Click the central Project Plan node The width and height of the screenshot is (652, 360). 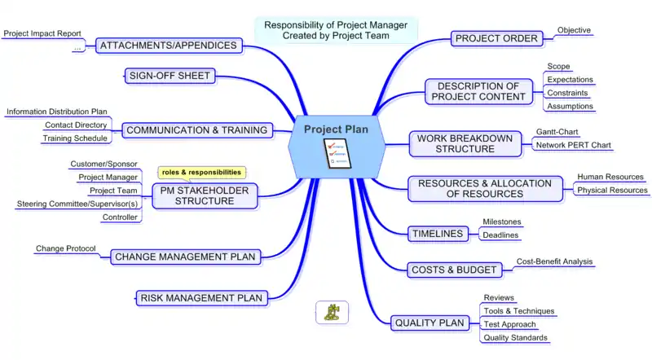click(336, 130)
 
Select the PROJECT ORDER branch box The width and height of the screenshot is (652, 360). click(496, 38)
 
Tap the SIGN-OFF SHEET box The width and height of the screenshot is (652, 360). click(170, 77)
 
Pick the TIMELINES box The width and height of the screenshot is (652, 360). click(437, 235)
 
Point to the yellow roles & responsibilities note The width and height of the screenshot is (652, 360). click(201, 173)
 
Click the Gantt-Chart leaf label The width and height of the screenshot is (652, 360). click(557, 131)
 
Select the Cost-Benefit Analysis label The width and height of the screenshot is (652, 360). click(554, 261)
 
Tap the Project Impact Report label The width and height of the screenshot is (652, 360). click(42, 33)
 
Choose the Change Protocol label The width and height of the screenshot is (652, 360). click(65, 248)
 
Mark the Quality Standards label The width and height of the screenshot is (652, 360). click(515, 338)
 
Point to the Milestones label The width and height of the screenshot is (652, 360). click(502, 222)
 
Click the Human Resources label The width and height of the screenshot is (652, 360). click(610, 177)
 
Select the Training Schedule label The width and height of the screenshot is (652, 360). click(74, 138)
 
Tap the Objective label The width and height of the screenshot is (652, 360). click(574, 30)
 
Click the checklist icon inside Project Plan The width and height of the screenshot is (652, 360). click(336, 154)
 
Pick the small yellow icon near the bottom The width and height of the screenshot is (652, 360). click(332, 313)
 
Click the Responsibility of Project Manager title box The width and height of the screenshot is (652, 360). click(336, 30)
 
